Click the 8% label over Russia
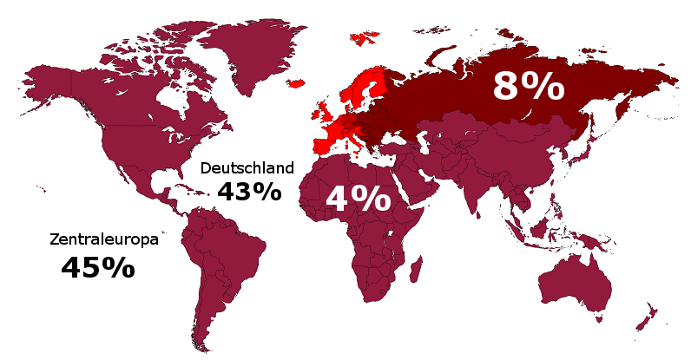coord(528,88)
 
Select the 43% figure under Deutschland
coord(249,192)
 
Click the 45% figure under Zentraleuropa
coord(98,268)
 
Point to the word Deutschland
coord(247,167)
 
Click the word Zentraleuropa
coord(104,239)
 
